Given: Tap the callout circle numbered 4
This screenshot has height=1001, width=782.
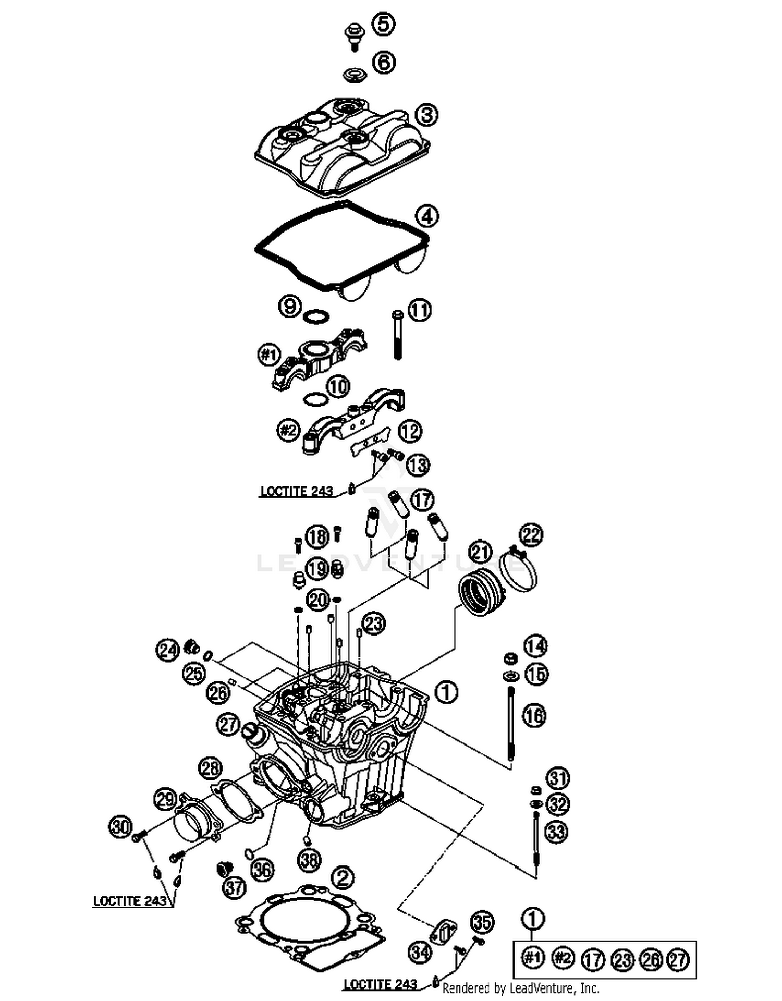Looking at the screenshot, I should (427, 216).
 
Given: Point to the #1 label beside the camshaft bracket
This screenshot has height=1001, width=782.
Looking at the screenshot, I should (269, 356).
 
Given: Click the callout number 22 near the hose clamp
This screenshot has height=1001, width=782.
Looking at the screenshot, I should (531, 535).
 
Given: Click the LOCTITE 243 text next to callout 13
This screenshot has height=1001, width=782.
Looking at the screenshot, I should (296, 491).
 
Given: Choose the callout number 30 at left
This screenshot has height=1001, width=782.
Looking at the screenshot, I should (120, 826).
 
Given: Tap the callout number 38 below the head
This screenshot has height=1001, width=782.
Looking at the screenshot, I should (309, 860).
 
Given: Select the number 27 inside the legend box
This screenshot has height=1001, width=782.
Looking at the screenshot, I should (679, 960).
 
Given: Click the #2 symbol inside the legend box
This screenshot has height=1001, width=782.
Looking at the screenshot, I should (562, 958).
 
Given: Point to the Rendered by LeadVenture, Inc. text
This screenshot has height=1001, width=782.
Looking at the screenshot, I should (521, 987).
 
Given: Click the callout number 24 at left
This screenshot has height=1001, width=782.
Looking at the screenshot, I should (168, 651).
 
